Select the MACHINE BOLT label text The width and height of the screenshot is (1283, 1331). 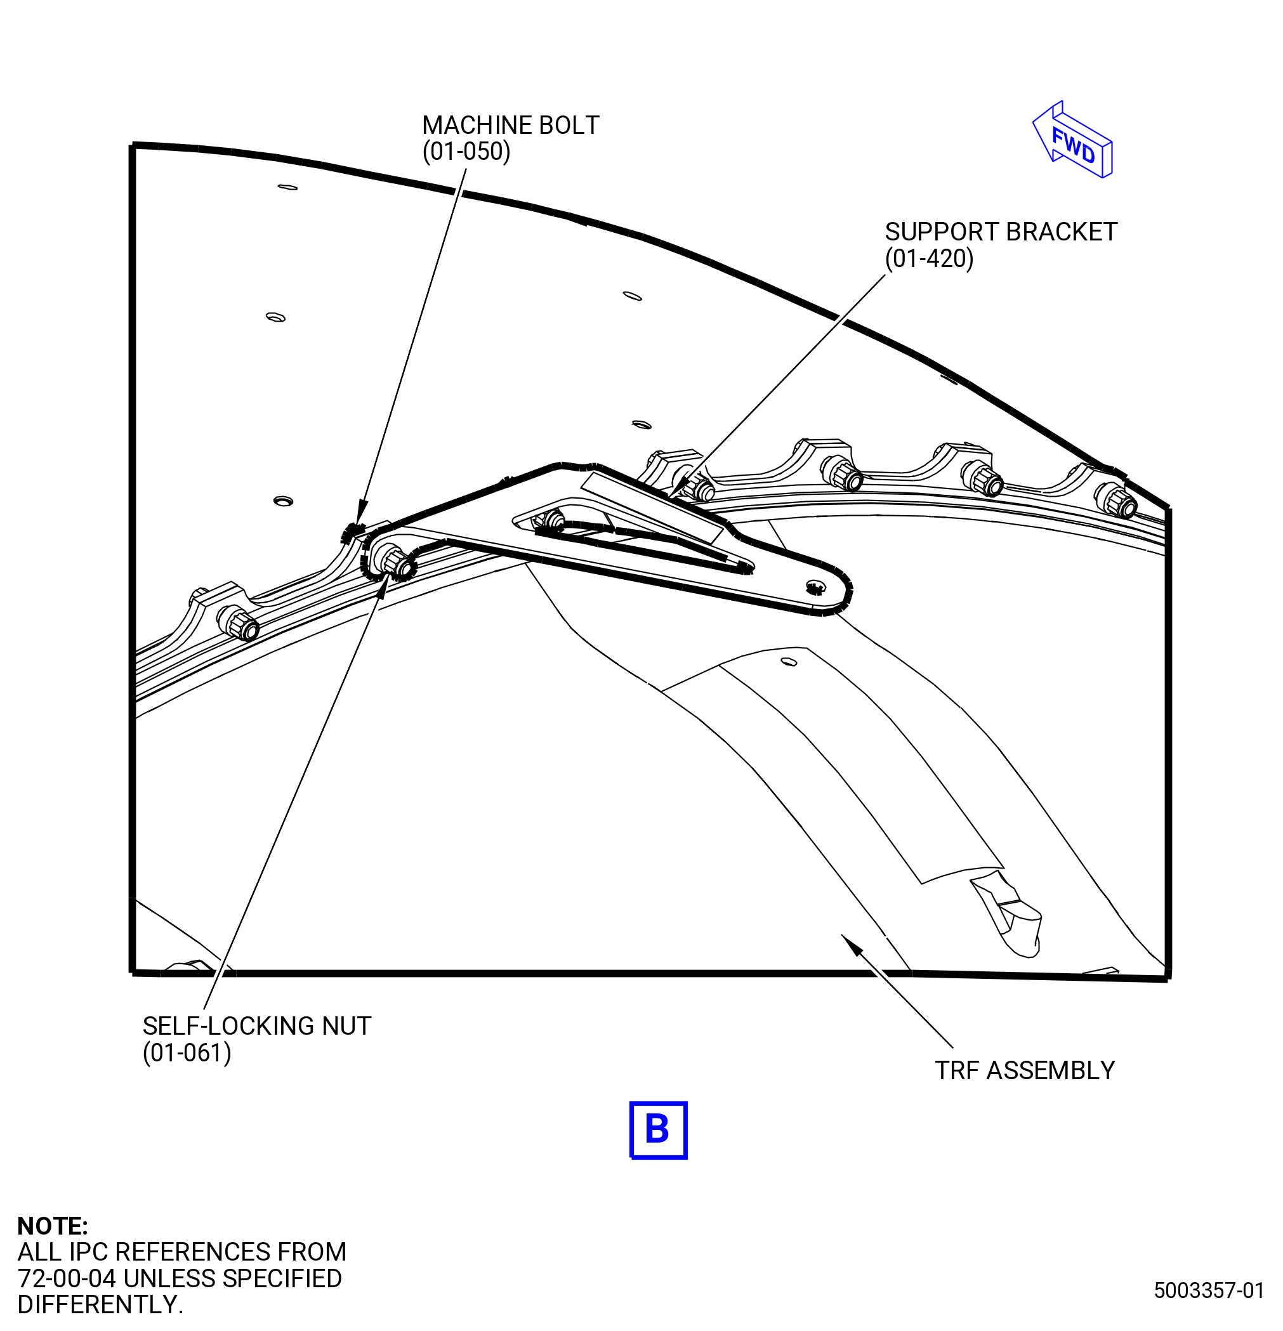[511, 125]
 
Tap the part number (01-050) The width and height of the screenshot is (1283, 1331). [466, 152]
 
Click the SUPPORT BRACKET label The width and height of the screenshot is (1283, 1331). [1001, 232]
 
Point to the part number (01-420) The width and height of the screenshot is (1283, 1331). [929, 259]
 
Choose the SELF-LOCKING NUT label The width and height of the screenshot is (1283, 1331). [257, 1026]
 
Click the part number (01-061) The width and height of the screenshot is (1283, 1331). [187, 1053]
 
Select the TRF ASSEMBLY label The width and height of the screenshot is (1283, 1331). [1025, 1071]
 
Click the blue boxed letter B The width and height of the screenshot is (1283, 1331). [658, 1130]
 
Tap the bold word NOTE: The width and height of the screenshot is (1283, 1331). [52, 1226]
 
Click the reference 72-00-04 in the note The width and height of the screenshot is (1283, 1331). [67, 1279]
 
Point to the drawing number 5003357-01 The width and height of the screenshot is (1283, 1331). [1209, 1290]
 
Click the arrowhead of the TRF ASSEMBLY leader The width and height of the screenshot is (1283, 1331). [851, 945]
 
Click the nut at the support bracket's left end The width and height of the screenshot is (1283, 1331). [394, 561]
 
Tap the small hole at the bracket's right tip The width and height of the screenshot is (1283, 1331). [815, 586]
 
